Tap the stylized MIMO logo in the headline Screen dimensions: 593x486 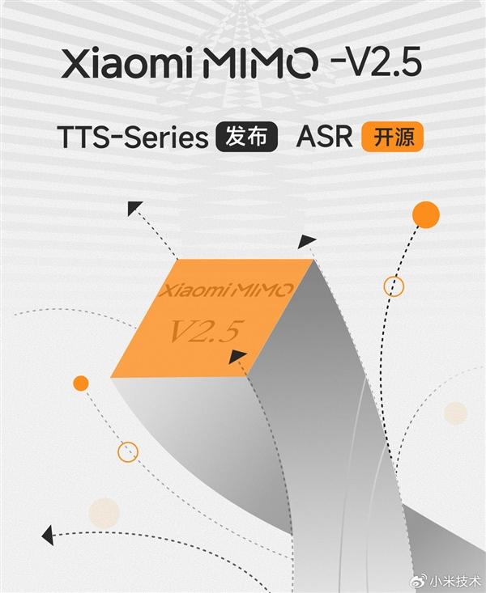click(249, 64)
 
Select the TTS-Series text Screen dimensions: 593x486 click(133, 138)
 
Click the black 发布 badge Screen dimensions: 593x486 click(247, 138)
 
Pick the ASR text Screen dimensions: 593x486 click(326, 138)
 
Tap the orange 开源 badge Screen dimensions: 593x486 click(393, 138)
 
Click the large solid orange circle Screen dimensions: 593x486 click(425, 214)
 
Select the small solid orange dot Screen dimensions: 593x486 click(80, 383)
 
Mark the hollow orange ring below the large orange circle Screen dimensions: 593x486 click(394, 286)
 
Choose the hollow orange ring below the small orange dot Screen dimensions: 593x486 click(128, 452)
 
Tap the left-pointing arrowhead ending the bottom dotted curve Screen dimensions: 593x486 click(47, 536)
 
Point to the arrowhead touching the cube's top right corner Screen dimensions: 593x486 click(307, 241)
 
